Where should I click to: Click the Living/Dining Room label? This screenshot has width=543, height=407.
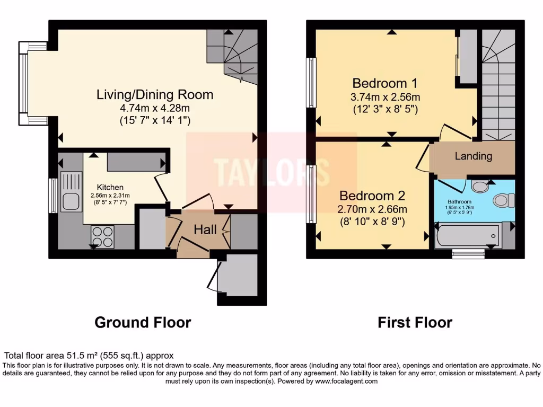point(155,95)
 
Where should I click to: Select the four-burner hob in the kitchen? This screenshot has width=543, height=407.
point(102,236)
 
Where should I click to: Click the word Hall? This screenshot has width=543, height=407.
point(205,229)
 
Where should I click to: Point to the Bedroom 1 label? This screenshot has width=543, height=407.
point(385,83)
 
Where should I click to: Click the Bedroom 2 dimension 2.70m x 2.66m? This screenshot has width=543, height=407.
point(373,209)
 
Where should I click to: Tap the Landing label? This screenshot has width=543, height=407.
point(473,156)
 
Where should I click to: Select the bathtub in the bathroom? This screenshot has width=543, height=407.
point(467,235)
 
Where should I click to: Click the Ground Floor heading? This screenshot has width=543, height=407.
point(143,322)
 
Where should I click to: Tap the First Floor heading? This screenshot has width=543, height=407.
point(415,322)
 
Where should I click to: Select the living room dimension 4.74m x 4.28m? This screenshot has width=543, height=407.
point(155,109)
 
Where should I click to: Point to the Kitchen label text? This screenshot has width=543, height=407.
point(110,187)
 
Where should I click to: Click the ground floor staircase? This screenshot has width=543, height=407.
point(233,56)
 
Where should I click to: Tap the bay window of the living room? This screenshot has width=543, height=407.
point(24,83)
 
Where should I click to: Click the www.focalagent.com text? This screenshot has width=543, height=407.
point(346,381)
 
